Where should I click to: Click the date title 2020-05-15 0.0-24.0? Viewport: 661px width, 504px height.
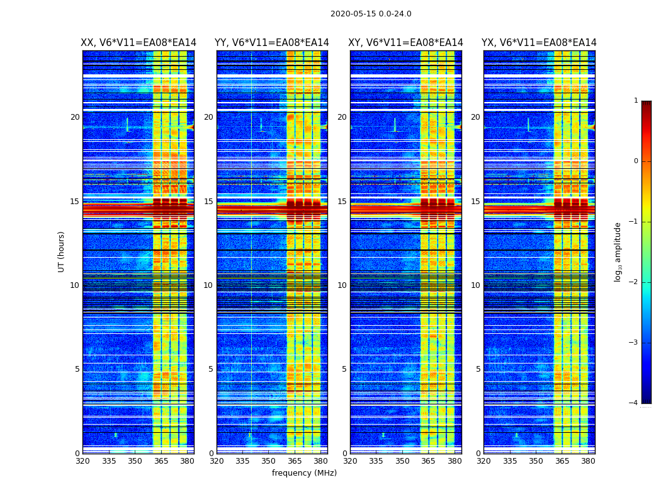point(371,14)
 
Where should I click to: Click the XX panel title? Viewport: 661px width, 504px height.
point(138,43)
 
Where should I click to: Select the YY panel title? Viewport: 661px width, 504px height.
point(272,43)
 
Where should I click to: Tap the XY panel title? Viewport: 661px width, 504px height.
point(406,43)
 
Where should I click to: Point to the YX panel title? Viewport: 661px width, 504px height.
point(539,43)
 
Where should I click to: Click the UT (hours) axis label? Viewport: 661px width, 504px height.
point(62,251)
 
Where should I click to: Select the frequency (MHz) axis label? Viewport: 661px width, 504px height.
point(304,473)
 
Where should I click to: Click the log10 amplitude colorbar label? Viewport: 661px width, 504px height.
point(618,251)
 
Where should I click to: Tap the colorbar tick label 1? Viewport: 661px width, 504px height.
point(636,101)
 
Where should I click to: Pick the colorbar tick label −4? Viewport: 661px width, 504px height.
point(634,403)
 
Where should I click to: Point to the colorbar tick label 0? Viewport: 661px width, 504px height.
point(636,161)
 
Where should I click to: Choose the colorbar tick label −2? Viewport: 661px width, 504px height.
point(634,282)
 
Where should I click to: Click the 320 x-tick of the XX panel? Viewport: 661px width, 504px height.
point(82,461)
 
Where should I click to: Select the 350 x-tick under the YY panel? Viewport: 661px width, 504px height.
point(269,461)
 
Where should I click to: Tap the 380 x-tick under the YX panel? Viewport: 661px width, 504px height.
point(588,461)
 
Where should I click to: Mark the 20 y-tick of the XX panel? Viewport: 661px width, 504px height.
point(75,117)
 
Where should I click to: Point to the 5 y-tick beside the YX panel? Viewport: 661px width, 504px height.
point(478,369)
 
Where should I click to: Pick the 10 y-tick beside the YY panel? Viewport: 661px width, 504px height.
point(208,285)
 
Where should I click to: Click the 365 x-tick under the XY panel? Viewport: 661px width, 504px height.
point(429,461)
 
